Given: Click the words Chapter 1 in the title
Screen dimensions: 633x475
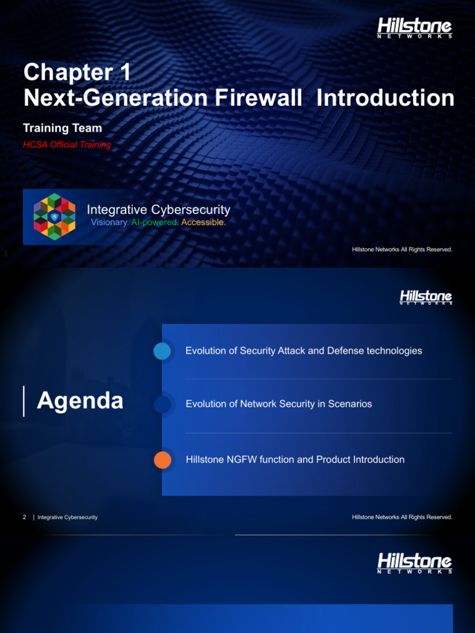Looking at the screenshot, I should [x=77, y=73].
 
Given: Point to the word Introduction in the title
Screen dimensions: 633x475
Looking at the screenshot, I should [x=385, y=98].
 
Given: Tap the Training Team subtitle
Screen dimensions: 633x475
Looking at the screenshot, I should [x=62, y=128].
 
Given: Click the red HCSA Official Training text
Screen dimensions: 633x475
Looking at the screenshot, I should [x=67, y=145].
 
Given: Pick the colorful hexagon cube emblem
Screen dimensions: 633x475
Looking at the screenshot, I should [x=54, y=216].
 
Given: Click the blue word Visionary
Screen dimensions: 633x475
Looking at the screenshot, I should [x=109, y=223].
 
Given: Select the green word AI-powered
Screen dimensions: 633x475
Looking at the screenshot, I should [x=155, y=223].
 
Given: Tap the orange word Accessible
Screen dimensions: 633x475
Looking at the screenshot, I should [x=203, y=223].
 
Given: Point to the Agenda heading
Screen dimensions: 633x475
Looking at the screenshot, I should [x=80, y=401].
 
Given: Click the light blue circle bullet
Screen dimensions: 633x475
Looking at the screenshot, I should [x=162, y=351].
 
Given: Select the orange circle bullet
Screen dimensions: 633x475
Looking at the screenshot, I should [x=162, y=460].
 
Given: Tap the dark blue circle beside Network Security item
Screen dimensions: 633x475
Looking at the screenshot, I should [x=162, y=404].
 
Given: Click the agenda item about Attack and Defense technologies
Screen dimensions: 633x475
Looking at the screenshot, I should [x=304, y=350].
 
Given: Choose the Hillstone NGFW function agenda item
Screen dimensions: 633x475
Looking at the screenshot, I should [x=295, y=459].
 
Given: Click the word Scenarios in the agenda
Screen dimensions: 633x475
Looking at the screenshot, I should [x=350, y=404].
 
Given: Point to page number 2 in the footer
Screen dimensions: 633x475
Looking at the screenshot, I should [x=24, y=517].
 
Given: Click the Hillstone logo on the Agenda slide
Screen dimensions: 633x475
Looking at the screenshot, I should [x=426, y=297].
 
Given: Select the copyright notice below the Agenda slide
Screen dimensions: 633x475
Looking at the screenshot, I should [x=402, y=517].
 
